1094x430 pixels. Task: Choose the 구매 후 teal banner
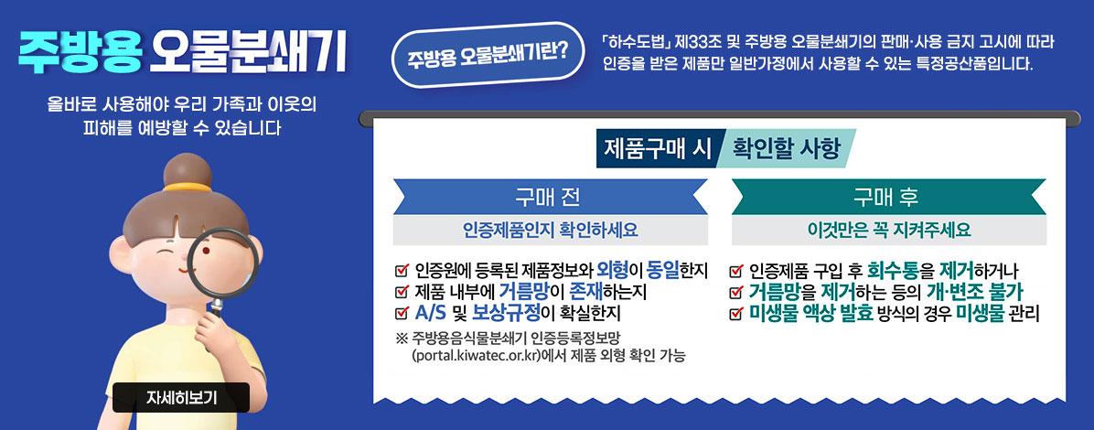point(888,197)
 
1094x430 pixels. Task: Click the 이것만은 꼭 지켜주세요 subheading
point(888,229)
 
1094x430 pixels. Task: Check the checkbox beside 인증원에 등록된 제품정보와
point(402,271)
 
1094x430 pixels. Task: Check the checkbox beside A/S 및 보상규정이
point(402,314)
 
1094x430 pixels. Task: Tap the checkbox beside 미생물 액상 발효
point(736,314)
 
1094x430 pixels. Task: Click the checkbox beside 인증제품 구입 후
point(736,271)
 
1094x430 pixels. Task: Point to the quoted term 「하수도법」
point(638,43)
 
